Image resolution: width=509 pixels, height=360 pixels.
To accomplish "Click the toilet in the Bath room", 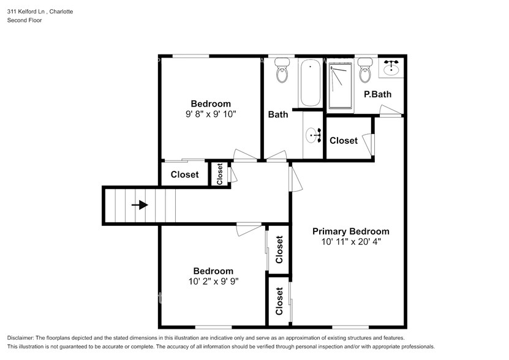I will click(x=282, y=71).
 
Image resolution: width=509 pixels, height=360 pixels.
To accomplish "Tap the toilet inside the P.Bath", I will click(x=366, y=71).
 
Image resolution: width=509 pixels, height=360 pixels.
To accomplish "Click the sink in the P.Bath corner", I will click(x=391, y=68).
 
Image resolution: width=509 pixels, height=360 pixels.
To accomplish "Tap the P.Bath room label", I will click(x=377, y=94).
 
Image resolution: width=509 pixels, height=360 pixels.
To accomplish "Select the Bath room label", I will click(x=278, y=114).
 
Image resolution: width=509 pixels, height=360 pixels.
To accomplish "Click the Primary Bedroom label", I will click(x=350, y=231).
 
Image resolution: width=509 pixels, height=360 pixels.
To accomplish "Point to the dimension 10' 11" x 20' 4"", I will click(x=350, y=242).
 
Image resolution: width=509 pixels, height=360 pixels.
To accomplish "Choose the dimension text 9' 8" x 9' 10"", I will click(x=211, y=114).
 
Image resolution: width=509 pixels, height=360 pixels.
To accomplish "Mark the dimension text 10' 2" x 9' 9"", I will click(x=213, y=282).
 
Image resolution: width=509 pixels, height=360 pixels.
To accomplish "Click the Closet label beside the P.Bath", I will click(x=343, y=141).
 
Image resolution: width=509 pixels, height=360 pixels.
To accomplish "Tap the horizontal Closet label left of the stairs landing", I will click(x=184, y=174).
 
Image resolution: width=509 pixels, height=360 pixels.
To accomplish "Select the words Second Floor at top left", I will click(x=25, y=20).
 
